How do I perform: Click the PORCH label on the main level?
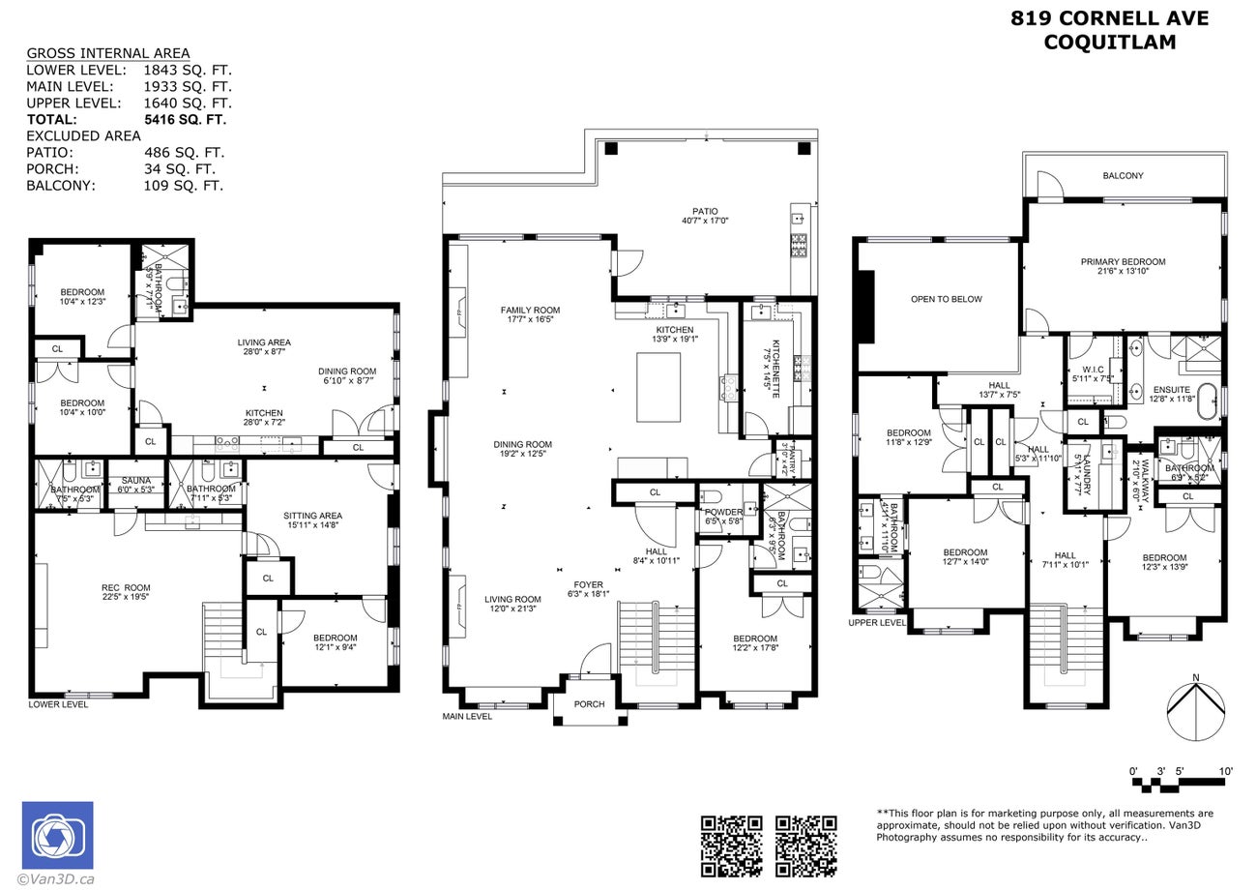click(x=589, y=704)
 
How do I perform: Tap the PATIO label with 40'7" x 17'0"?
click(x=704, y=216)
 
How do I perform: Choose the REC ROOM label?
click(x=126, y=592)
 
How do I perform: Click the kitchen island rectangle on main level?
click(x=658, y=387)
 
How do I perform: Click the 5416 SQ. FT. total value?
click(x=185, y=120)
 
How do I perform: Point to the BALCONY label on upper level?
click(x=1123, y=176)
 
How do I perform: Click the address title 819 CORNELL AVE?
click(x=1109, y=18)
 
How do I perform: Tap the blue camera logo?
click(x=58, y=835)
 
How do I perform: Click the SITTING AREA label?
click(x=312, y=520)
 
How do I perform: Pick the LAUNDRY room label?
click(x=1087, y=473)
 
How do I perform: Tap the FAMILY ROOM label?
click(x=530, y=315)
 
